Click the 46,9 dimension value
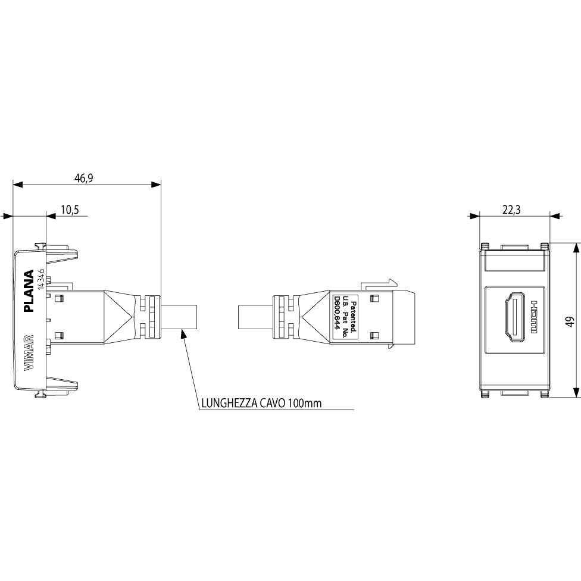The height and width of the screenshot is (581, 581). coord(84,178)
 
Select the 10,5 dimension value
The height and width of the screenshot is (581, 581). coord(70,210)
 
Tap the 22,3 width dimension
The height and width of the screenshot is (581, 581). coord(511,210)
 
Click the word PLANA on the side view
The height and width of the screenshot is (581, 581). coord(29,291)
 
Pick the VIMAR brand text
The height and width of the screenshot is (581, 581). coord(29,353)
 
